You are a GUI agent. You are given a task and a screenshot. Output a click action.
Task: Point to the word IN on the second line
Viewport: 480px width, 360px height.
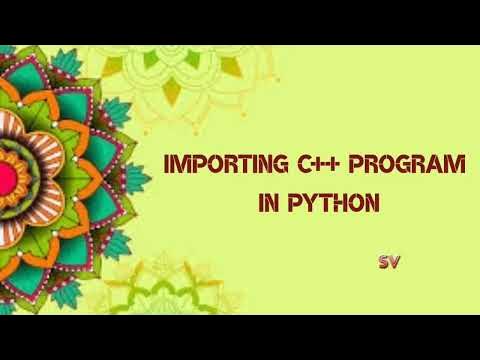265,205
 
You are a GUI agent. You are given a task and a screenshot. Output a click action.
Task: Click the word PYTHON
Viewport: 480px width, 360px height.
329,205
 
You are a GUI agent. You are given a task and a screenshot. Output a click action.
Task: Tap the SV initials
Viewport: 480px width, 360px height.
390,261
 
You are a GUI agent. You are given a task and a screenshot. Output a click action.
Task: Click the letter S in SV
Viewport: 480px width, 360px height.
384,261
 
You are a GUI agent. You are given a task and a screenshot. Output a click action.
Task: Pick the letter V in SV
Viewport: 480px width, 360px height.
396,261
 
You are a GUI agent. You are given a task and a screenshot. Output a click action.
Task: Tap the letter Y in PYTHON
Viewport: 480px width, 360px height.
308,205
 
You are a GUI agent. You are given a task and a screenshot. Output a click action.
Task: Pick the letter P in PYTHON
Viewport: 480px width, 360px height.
293,205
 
